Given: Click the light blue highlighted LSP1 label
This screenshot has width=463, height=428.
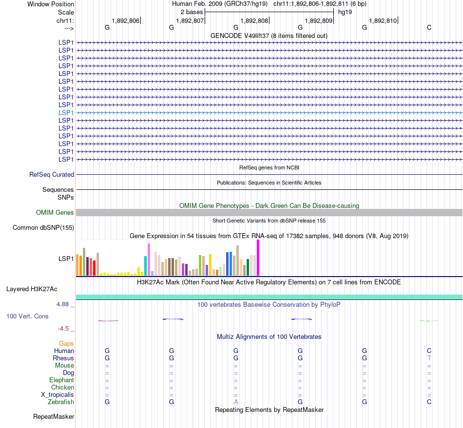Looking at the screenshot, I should (x=66, y=112).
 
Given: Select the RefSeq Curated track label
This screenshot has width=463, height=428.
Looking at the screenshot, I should (x=52, y=174).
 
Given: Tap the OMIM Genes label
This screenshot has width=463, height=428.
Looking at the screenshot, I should (x=55, y=212).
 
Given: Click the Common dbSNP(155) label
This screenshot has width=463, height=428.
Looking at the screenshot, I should (x=43, y=227).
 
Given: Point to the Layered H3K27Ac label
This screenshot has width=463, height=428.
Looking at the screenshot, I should (x=32, y=289).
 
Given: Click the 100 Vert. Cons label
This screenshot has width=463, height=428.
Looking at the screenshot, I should (x=27, y=316).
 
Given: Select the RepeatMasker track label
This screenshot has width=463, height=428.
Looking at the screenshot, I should (x=54, y=416).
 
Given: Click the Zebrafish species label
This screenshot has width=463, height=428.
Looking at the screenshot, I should (x=61, y=402).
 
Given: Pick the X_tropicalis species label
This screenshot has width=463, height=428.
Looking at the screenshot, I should (x=58, y=394).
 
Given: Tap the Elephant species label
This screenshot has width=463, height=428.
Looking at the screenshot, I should (x=61, y=380).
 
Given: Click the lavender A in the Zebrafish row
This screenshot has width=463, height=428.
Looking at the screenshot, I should (x=236, y=402).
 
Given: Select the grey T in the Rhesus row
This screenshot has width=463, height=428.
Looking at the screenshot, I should (x=429, y=358).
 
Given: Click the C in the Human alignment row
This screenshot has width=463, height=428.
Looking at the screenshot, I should (x=429, y=351).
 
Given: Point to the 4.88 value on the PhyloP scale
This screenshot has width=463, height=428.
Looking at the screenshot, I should (x=64, y=304).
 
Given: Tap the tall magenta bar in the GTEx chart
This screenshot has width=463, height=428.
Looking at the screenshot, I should (x=258, y=258).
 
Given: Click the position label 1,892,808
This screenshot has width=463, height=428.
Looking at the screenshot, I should (x=254, y=20).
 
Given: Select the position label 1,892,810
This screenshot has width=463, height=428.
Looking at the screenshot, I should (x=383, y=20).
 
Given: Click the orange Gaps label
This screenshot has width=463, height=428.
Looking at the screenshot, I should (x=66, y=343).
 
